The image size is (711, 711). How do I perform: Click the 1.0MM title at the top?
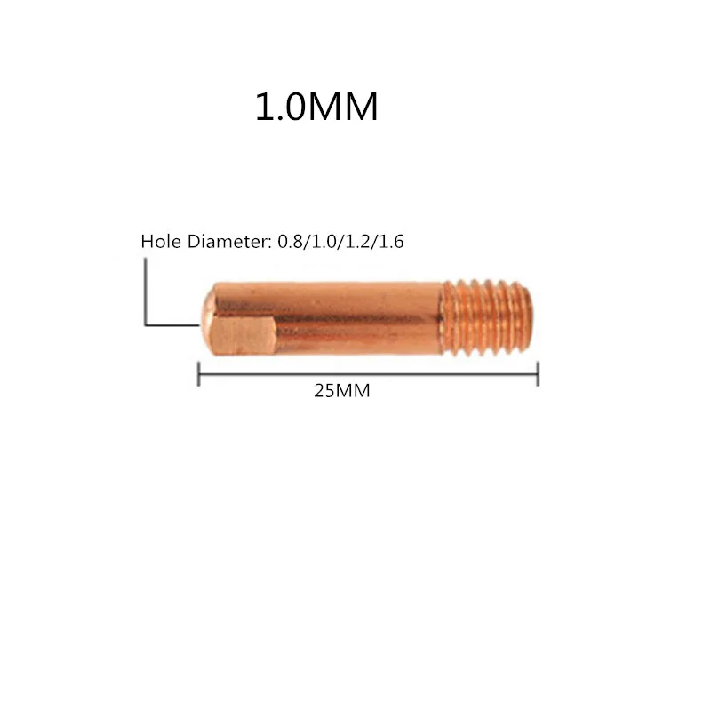point(317,108)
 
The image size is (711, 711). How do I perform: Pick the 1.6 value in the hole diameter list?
point(393,242)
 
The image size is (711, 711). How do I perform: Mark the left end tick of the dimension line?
point(197,374)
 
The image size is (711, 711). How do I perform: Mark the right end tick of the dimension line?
point(539,374)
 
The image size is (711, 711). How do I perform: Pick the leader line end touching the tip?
point(195,325)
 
